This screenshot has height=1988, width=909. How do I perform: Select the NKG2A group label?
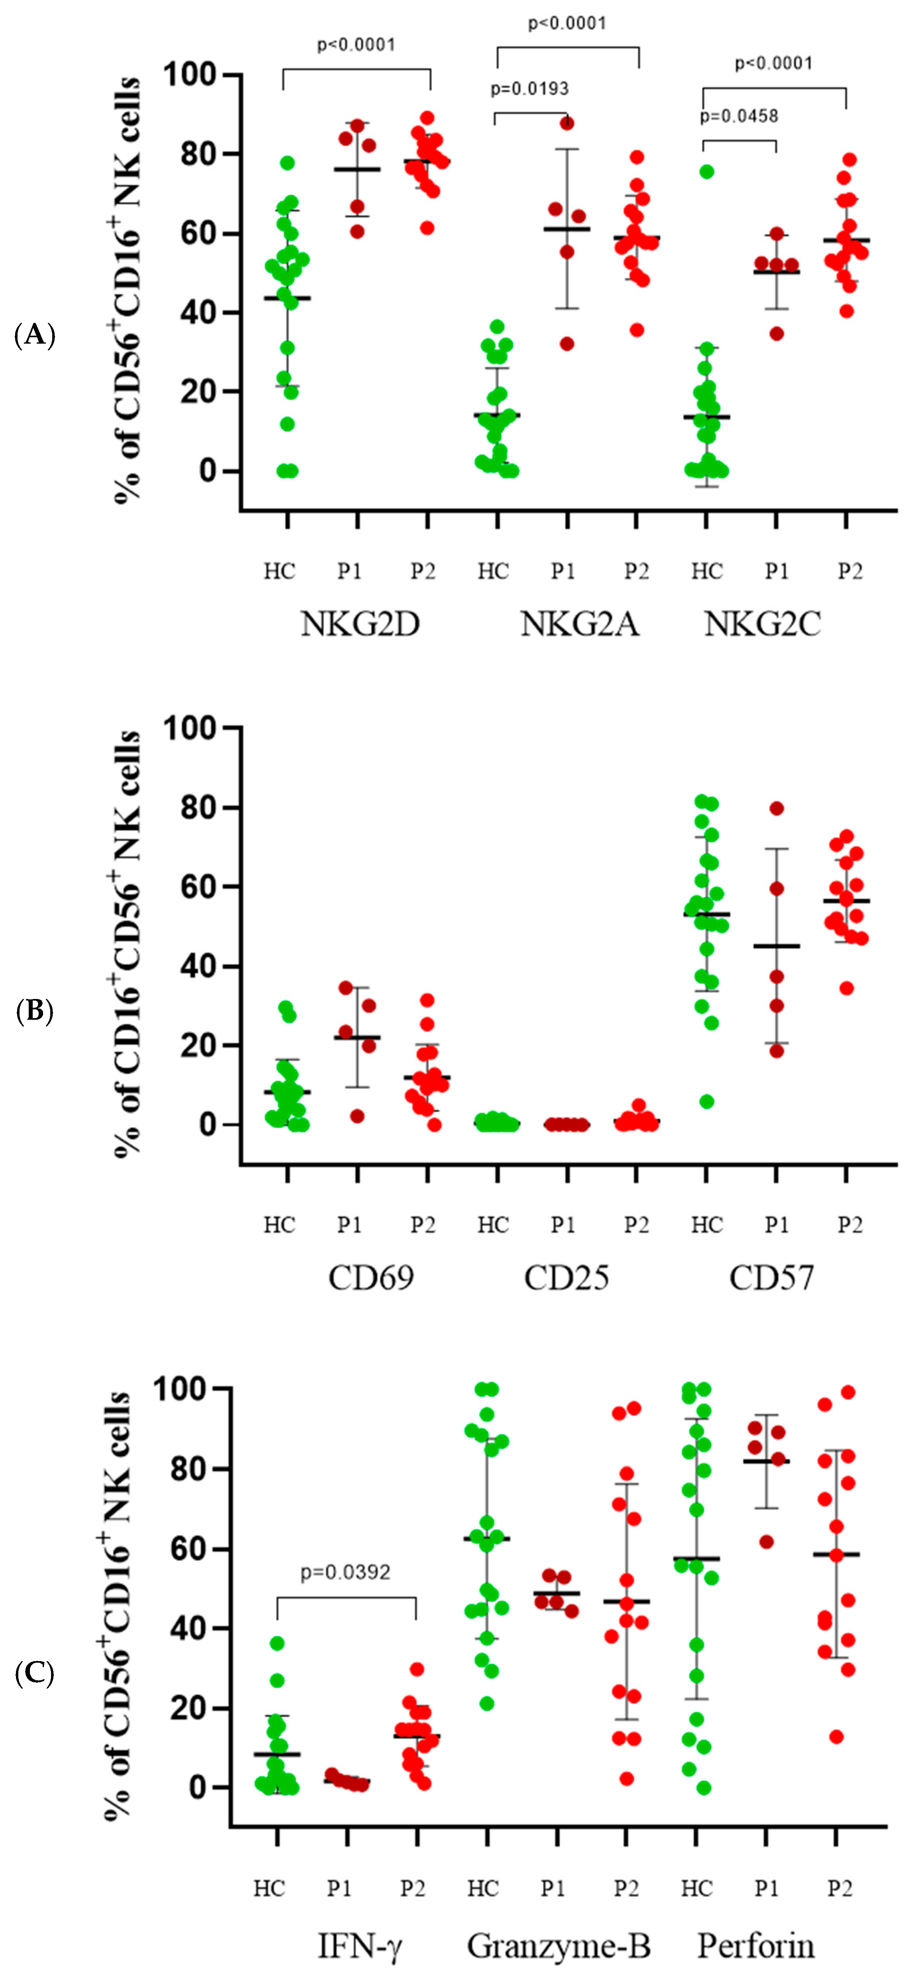coord(580,623)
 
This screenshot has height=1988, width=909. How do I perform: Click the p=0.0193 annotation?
coord(529,89)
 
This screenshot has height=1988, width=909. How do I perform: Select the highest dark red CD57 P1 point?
coord(776,808)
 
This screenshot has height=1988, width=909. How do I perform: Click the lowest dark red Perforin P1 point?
coord(766,1542)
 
